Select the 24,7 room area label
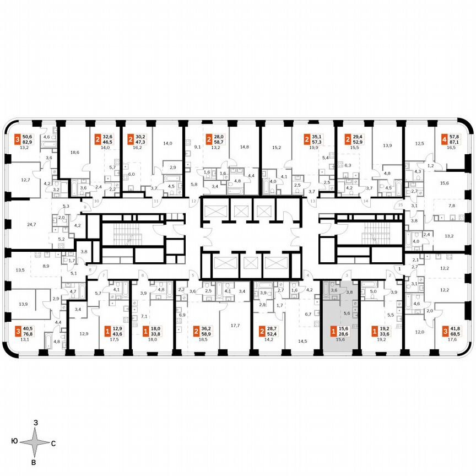pyautogui.click(x=31, y=225)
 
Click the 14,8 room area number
pyautogui.click(x=245, y=147)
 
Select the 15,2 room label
pyautogui.click(x=276, y=148)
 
